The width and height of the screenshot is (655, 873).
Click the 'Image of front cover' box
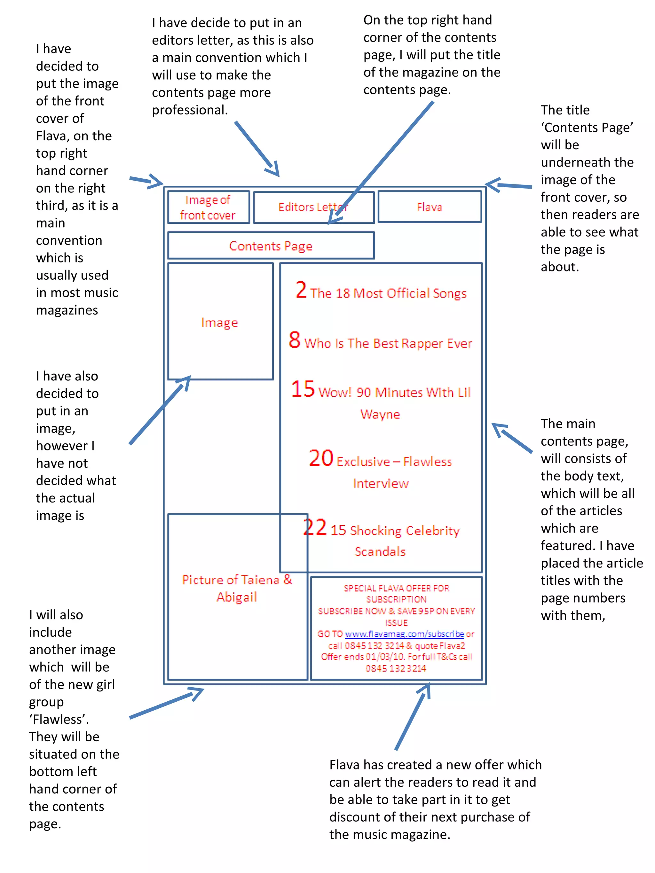pos(208,207)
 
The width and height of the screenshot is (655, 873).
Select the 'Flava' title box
pos(429,207)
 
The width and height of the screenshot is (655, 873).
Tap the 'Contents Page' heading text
pos(271,246)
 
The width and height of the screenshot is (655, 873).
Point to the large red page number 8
pos(295,340)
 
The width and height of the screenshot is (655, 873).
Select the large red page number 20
pos(321,458)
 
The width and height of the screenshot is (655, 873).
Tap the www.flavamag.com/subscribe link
pos(404,634)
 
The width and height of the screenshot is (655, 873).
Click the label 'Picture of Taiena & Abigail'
pos(237,588)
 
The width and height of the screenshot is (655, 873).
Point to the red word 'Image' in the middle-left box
pos(219,323)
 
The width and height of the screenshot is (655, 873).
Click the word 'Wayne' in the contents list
pos(380,414)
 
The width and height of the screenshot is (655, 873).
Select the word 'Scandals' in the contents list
pos(380,551)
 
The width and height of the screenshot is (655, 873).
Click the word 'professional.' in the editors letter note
pos(190,110)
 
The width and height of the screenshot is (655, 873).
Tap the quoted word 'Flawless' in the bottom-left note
pos(59,719)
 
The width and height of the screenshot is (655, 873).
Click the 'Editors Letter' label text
pos(313,207)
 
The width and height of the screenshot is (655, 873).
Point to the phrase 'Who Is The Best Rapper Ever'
pos(388,343)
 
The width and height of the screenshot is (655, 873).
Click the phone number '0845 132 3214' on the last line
pos(396,668)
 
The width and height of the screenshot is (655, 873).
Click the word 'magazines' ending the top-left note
pos(67,310)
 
